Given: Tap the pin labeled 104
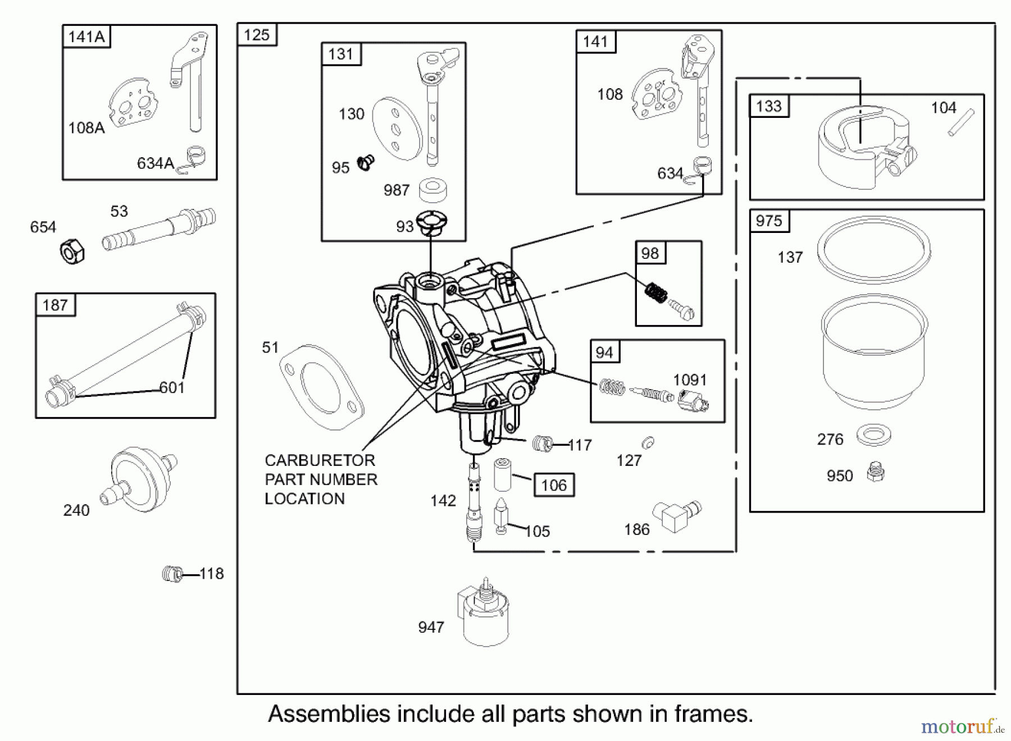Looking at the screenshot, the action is coord(961,122).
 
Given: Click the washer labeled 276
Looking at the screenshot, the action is coord(874,436).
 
